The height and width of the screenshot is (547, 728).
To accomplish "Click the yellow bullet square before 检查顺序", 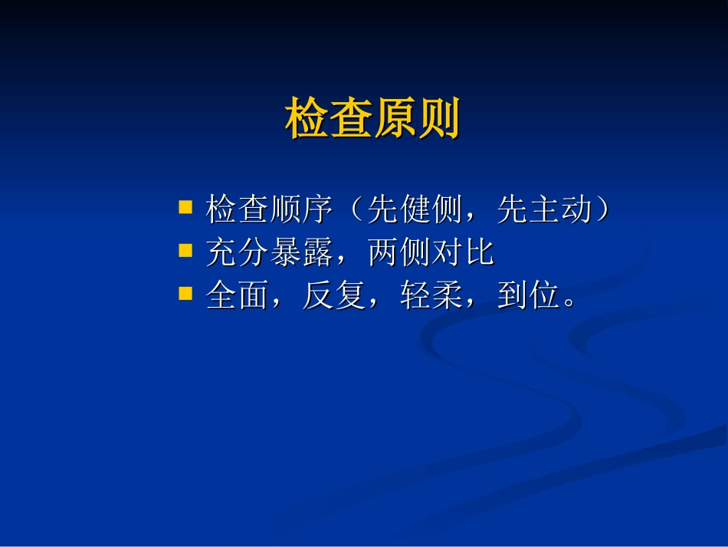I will [x=185, y=207].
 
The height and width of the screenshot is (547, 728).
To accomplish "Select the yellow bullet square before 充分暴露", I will [x=185, y=250].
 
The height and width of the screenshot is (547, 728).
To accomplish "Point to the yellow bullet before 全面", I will [x=185, y=293].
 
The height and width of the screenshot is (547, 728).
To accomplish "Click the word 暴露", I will [x=302, y=252].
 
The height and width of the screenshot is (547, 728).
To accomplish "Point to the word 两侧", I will [x=399, y=252].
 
